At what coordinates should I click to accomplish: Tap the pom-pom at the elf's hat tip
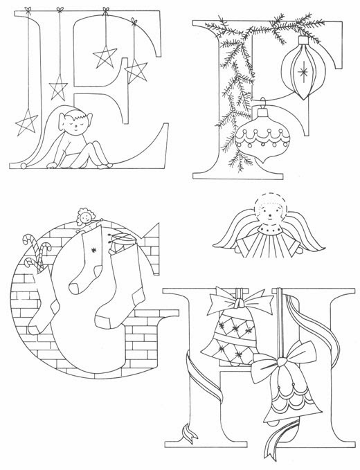coord(23,165)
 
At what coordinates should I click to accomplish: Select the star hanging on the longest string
coord(26,122)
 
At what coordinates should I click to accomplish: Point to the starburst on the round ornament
coord(303,72)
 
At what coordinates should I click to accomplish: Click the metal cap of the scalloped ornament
coord(263,113)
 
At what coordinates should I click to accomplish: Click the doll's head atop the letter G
coord(85,216)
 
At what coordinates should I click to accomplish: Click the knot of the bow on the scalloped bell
coord(281,363)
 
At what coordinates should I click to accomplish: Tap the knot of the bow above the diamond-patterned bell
coord(240,302)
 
